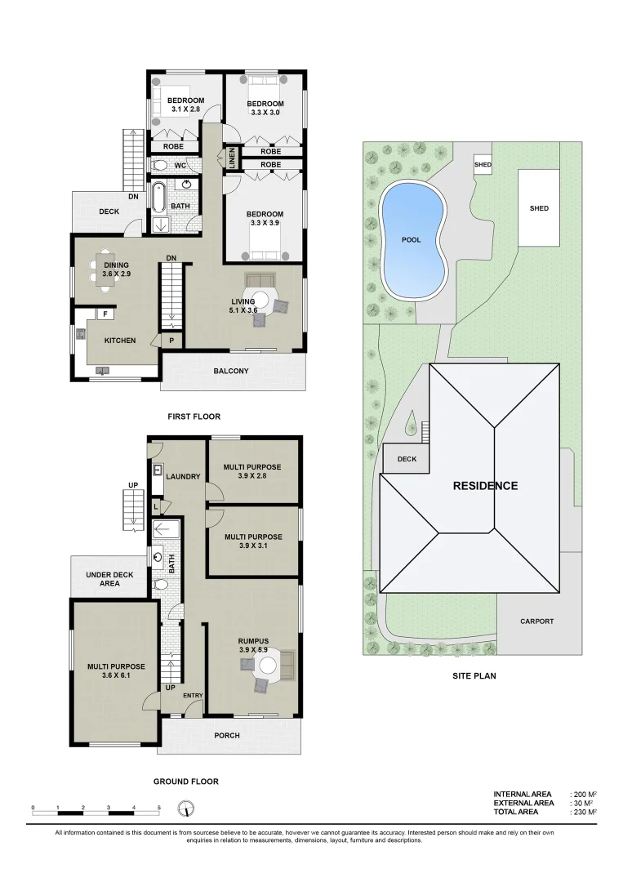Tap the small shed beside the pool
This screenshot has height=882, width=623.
tap(483, 165)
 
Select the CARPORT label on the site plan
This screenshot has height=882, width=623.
tap(536, 621)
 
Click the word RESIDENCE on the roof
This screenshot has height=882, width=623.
tap(485, 486)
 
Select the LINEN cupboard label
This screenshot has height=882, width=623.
tap(232, 157)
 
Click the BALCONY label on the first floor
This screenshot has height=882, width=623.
tap(231, 372)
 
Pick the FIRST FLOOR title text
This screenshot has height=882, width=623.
tap(194, 416)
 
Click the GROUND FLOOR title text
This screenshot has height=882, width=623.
tap(186, 782)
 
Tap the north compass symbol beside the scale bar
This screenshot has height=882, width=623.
tap(187, 808)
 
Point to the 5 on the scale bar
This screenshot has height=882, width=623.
tap(159, 807)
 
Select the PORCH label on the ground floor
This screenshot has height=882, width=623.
tap(227, 735)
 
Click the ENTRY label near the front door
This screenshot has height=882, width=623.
tap(193, 696)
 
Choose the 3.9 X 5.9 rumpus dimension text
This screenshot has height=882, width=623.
tap(255, 650)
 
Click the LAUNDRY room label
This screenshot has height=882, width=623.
tap(183, 476)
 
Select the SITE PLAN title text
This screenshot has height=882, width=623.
tap(474, 676)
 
